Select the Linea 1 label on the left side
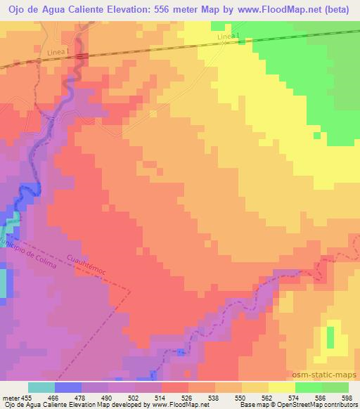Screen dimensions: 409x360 (x=58, y=51)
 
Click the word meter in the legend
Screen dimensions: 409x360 (x=11, y=397)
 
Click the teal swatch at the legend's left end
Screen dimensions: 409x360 (x=41, y=387)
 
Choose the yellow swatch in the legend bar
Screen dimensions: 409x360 (x=281, y=387)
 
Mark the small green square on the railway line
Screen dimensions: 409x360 (x=242, y=41)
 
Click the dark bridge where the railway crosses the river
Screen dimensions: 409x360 (x=81, y=56)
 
